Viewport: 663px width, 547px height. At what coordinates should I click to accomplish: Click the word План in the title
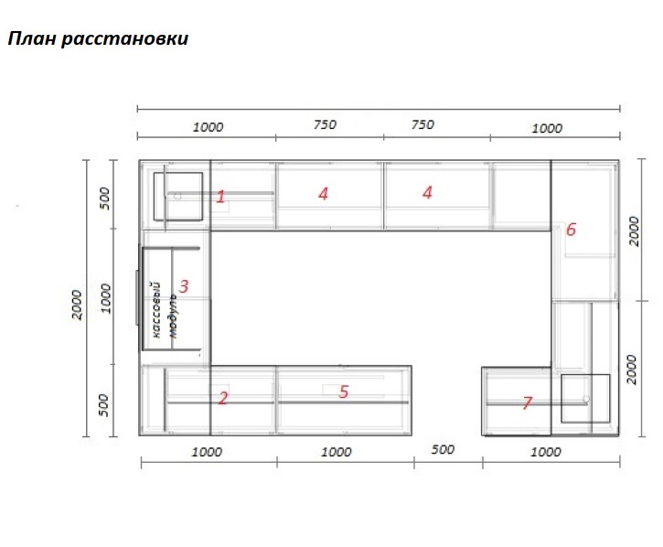32,38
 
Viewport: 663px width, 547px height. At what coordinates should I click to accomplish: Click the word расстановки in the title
124,40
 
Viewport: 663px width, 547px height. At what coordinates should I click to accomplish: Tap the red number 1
220,197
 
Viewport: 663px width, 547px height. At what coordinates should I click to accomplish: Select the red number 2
223,398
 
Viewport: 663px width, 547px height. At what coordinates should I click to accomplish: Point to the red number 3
184,286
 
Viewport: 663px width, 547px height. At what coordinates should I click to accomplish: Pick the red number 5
343,391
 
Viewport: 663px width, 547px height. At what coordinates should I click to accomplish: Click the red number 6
571,230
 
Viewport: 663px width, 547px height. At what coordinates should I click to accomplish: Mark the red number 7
527,402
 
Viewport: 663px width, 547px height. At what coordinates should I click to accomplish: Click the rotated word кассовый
155,310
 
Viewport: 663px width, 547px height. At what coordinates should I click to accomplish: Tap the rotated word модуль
173,316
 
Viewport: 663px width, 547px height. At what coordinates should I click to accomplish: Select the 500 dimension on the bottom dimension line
443,449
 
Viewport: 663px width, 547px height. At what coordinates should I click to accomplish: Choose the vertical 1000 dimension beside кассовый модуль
106,299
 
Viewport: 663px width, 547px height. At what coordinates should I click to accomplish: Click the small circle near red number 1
177,197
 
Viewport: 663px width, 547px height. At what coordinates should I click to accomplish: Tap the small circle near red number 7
585,399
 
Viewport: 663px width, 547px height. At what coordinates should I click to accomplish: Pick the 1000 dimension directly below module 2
207,452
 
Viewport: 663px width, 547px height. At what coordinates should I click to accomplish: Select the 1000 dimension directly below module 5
337,452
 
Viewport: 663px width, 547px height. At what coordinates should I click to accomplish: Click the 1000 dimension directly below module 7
545,452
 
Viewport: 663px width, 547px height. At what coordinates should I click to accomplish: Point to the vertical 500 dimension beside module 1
105,198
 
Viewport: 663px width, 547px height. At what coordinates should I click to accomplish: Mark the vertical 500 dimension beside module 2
103,405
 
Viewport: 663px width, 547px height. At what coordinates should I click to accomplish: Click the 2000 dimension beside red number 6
634,231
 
